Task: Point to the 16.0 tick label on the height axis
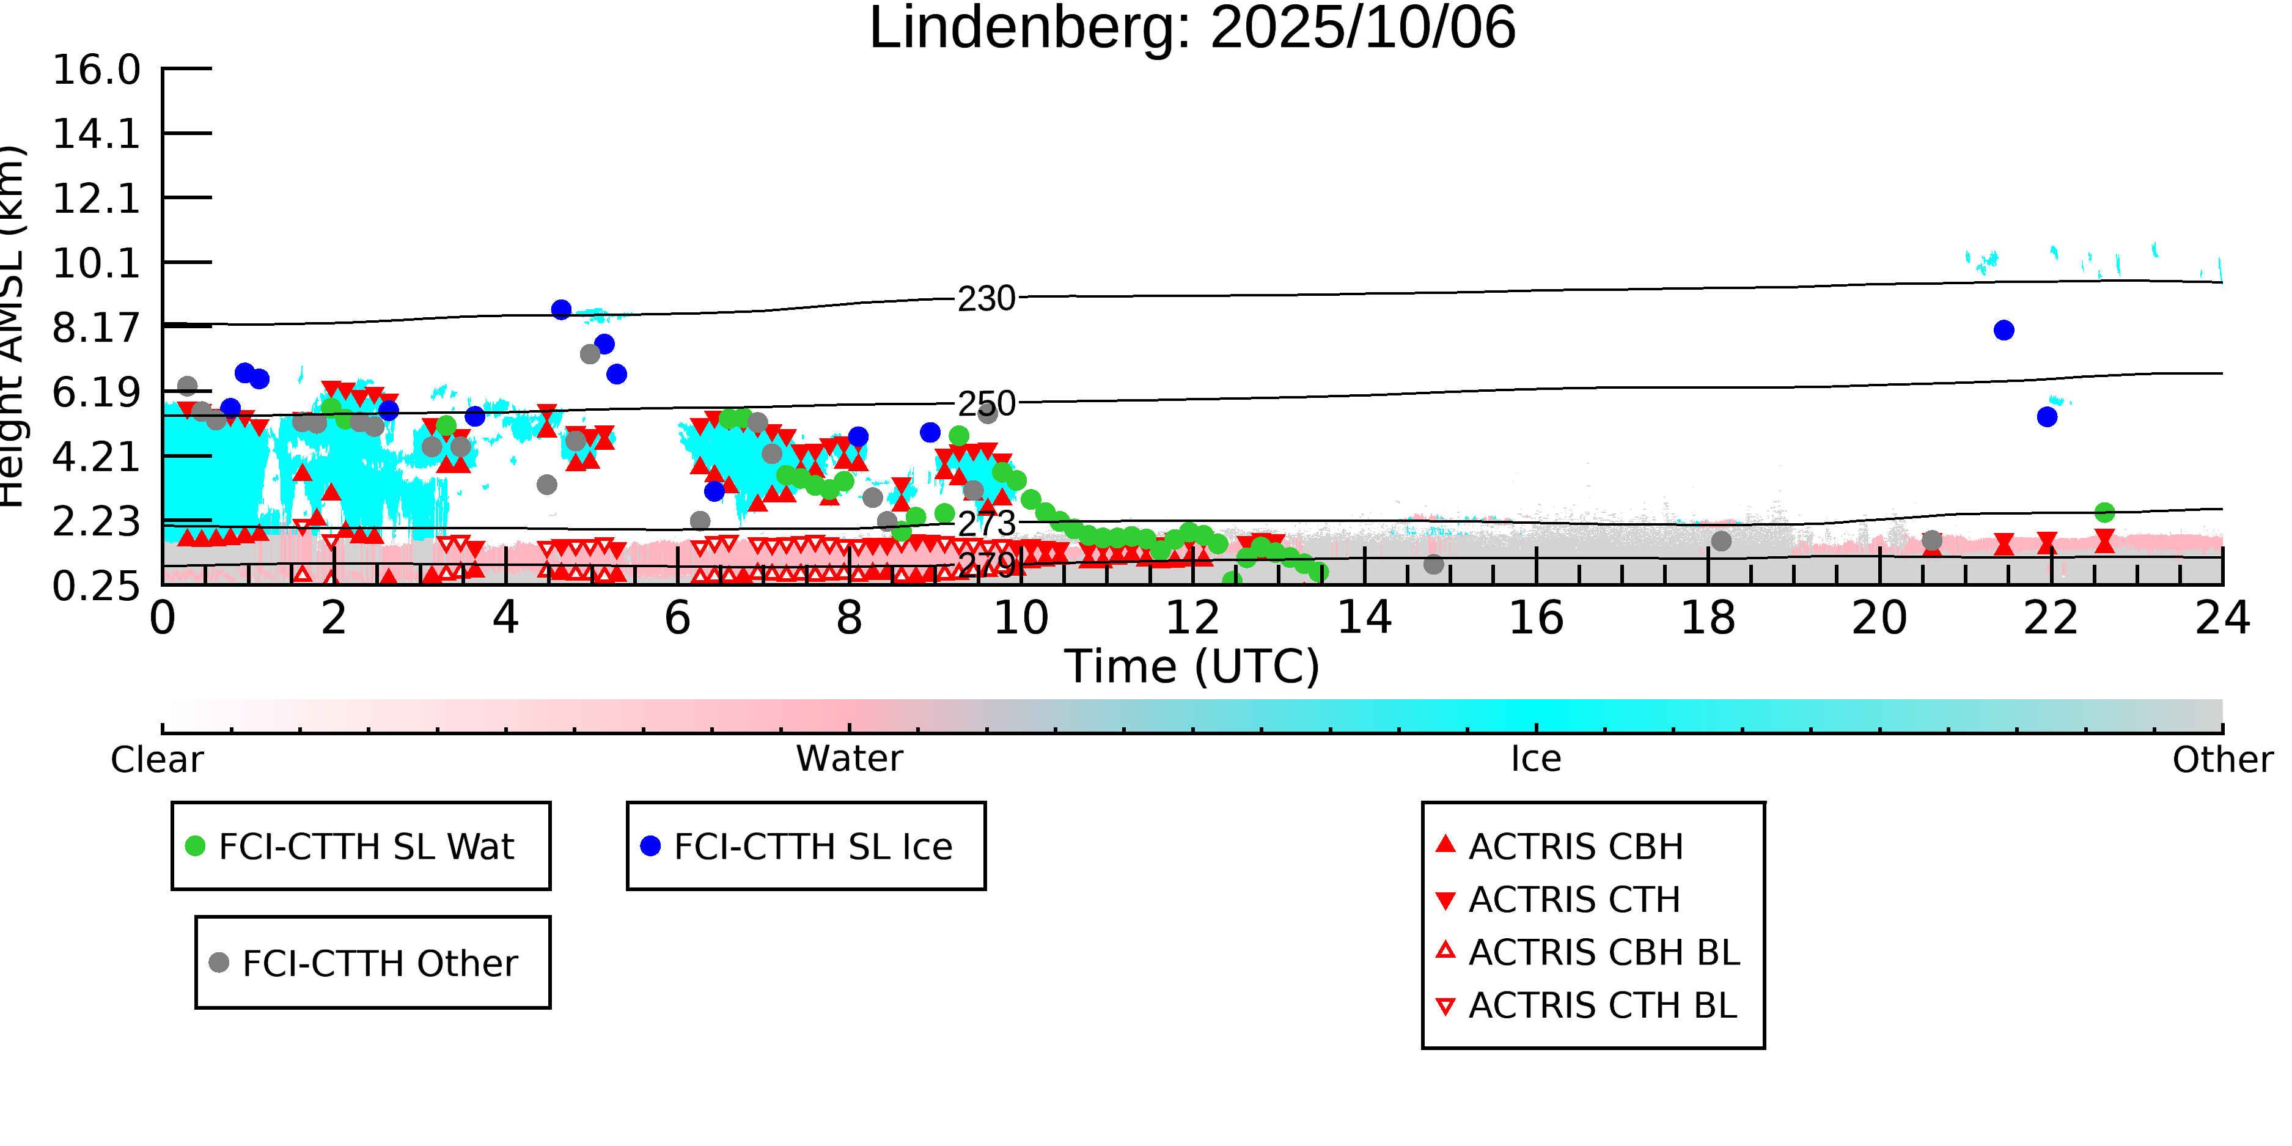click(96, 70)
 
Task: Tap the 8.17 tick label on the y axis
click(96, 328)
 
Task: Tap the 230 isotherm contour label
click(986, 299)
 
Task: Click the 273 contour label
click(986, 524)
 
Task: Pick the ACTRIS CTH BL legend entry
click(1601, 1006)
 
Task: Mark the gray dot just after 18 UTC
click(1721, 541)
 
